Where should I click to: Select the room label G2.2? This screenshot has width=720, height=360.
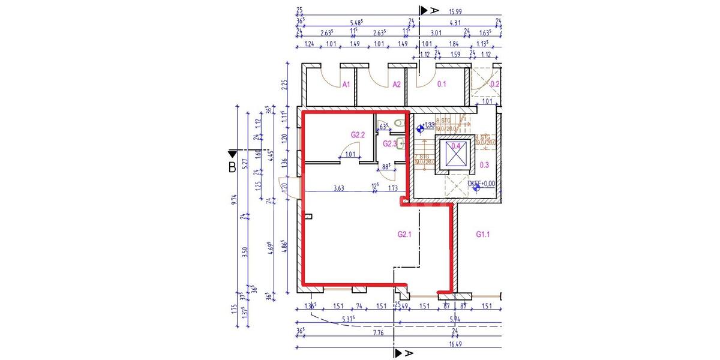(x=358, y=135)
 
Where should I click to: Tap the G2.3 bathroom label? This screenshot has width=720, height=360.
(x=389, y=143)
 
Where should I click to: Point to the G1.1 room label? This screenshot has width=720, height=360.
(x=484, y=234)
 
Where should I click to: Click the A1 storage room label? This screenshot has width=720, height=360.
(x=346, y=85)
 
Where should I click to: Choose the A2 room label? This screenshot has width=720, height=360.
(x=397, y=85)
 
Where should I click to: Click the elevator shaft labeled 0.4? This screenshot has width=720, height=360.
(x=456, y=146)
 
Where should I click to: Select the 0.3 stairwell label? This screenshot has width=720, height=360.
(x=485, y=165)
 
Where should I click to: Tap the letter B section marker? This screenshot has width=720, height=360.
(x=232, y=167)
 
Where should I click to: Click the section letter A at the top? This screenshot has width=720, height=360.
(x=435, y=10)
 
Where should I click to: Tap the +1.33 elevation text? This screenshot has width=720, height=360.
(x=428, y=125)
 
